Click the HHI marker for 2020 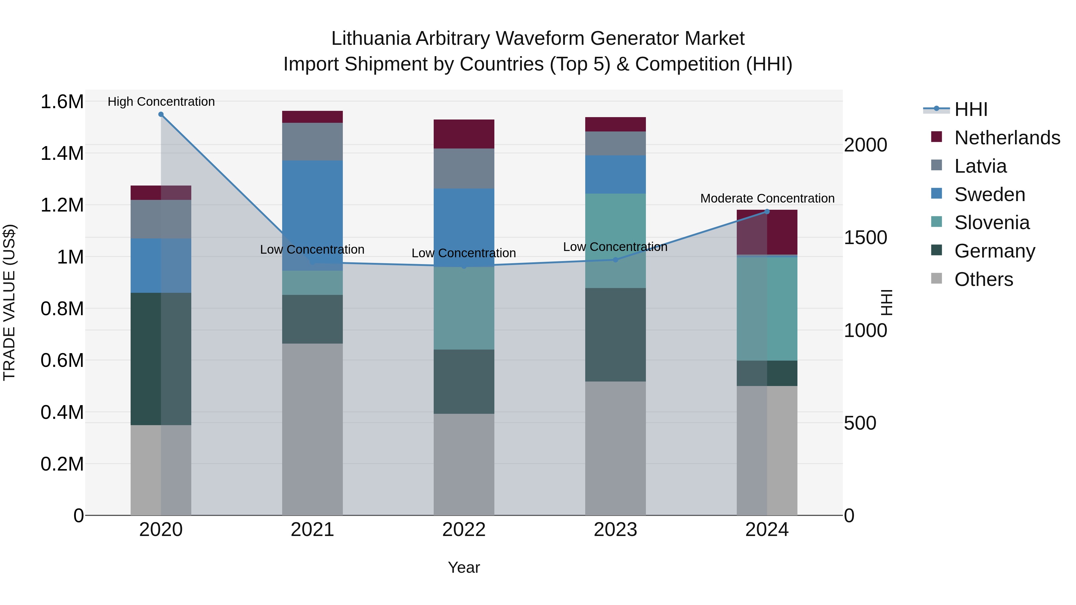[161, 114]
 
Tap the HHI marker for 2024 [767, 212]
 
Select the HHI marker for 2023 [615, 260]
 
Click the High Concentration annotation [161, 102]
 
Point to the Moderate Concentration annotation [767, 198]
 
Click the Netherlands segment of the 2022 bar [464, 134]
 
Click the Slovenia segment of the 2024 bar [767, 309]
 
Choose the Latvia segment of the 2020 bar [161, 219]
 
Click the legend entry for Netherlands [1007, 138]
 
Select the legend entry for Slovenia [992, 223]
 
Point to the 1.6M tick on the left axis [62, 102]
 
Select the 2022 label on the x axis [464, 530]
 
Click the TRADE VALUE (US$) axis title [9, 302]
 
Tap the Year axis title [464, 567]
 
